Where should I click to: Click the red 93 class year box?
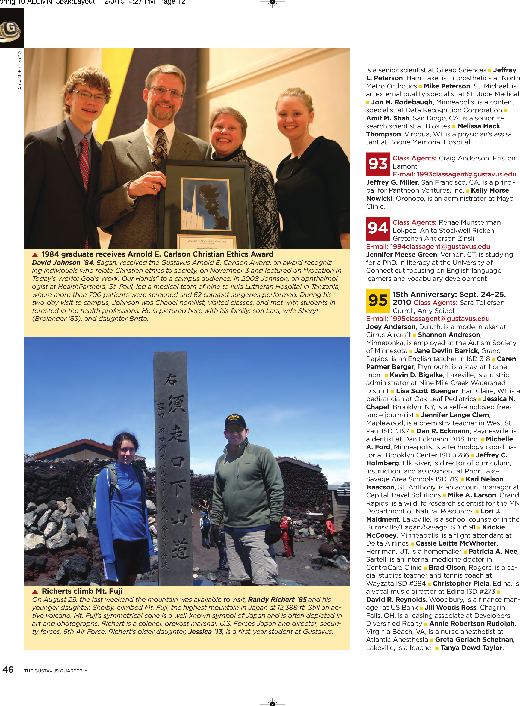coord(378,164)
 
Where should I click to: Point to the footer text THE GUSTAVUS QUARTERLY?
coord(56,671)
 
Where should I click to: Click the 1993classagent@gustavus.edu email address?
coord(454,174)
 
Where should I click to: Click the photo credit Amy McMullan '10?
coord(20,71)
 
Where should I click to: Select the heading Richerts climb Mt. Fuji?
coord(82,591)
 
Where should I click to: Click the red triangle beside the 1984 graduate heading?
coord(35,254)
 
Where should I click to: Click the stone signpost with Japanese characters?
coord(173,466)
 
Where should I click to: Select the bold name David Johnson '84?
coord(62,263)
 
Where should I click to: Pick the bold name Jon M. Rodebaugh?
coord(402,102)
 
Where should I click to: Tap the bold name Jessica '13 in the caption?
coord(205,632)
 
